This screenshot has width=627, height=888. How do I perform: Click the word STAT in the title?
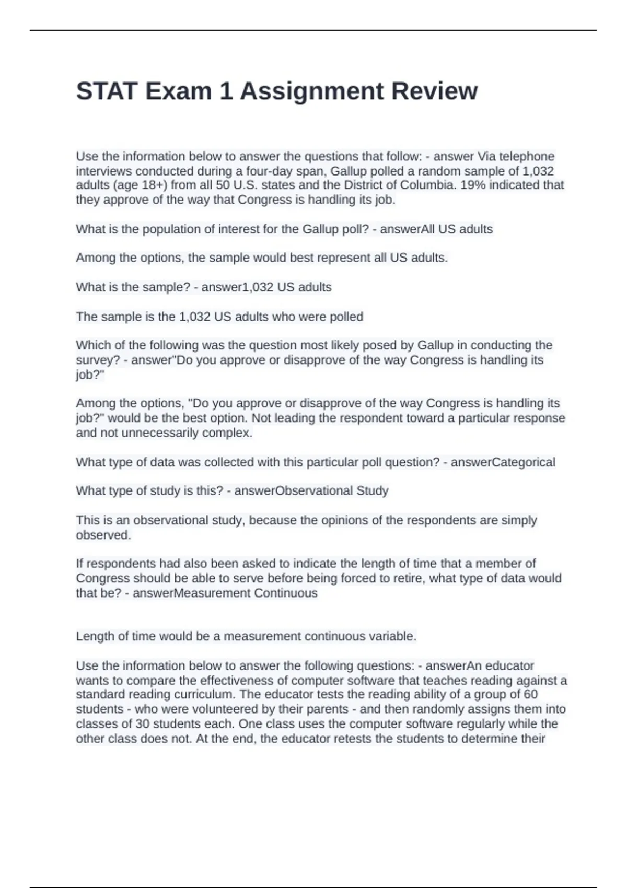[x=107, y=91]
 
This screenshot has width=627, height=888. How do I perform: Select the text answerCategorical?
[x=503, y=462]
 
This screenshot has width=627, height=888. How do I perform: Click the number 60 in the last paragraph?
[x=530, y=695]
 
